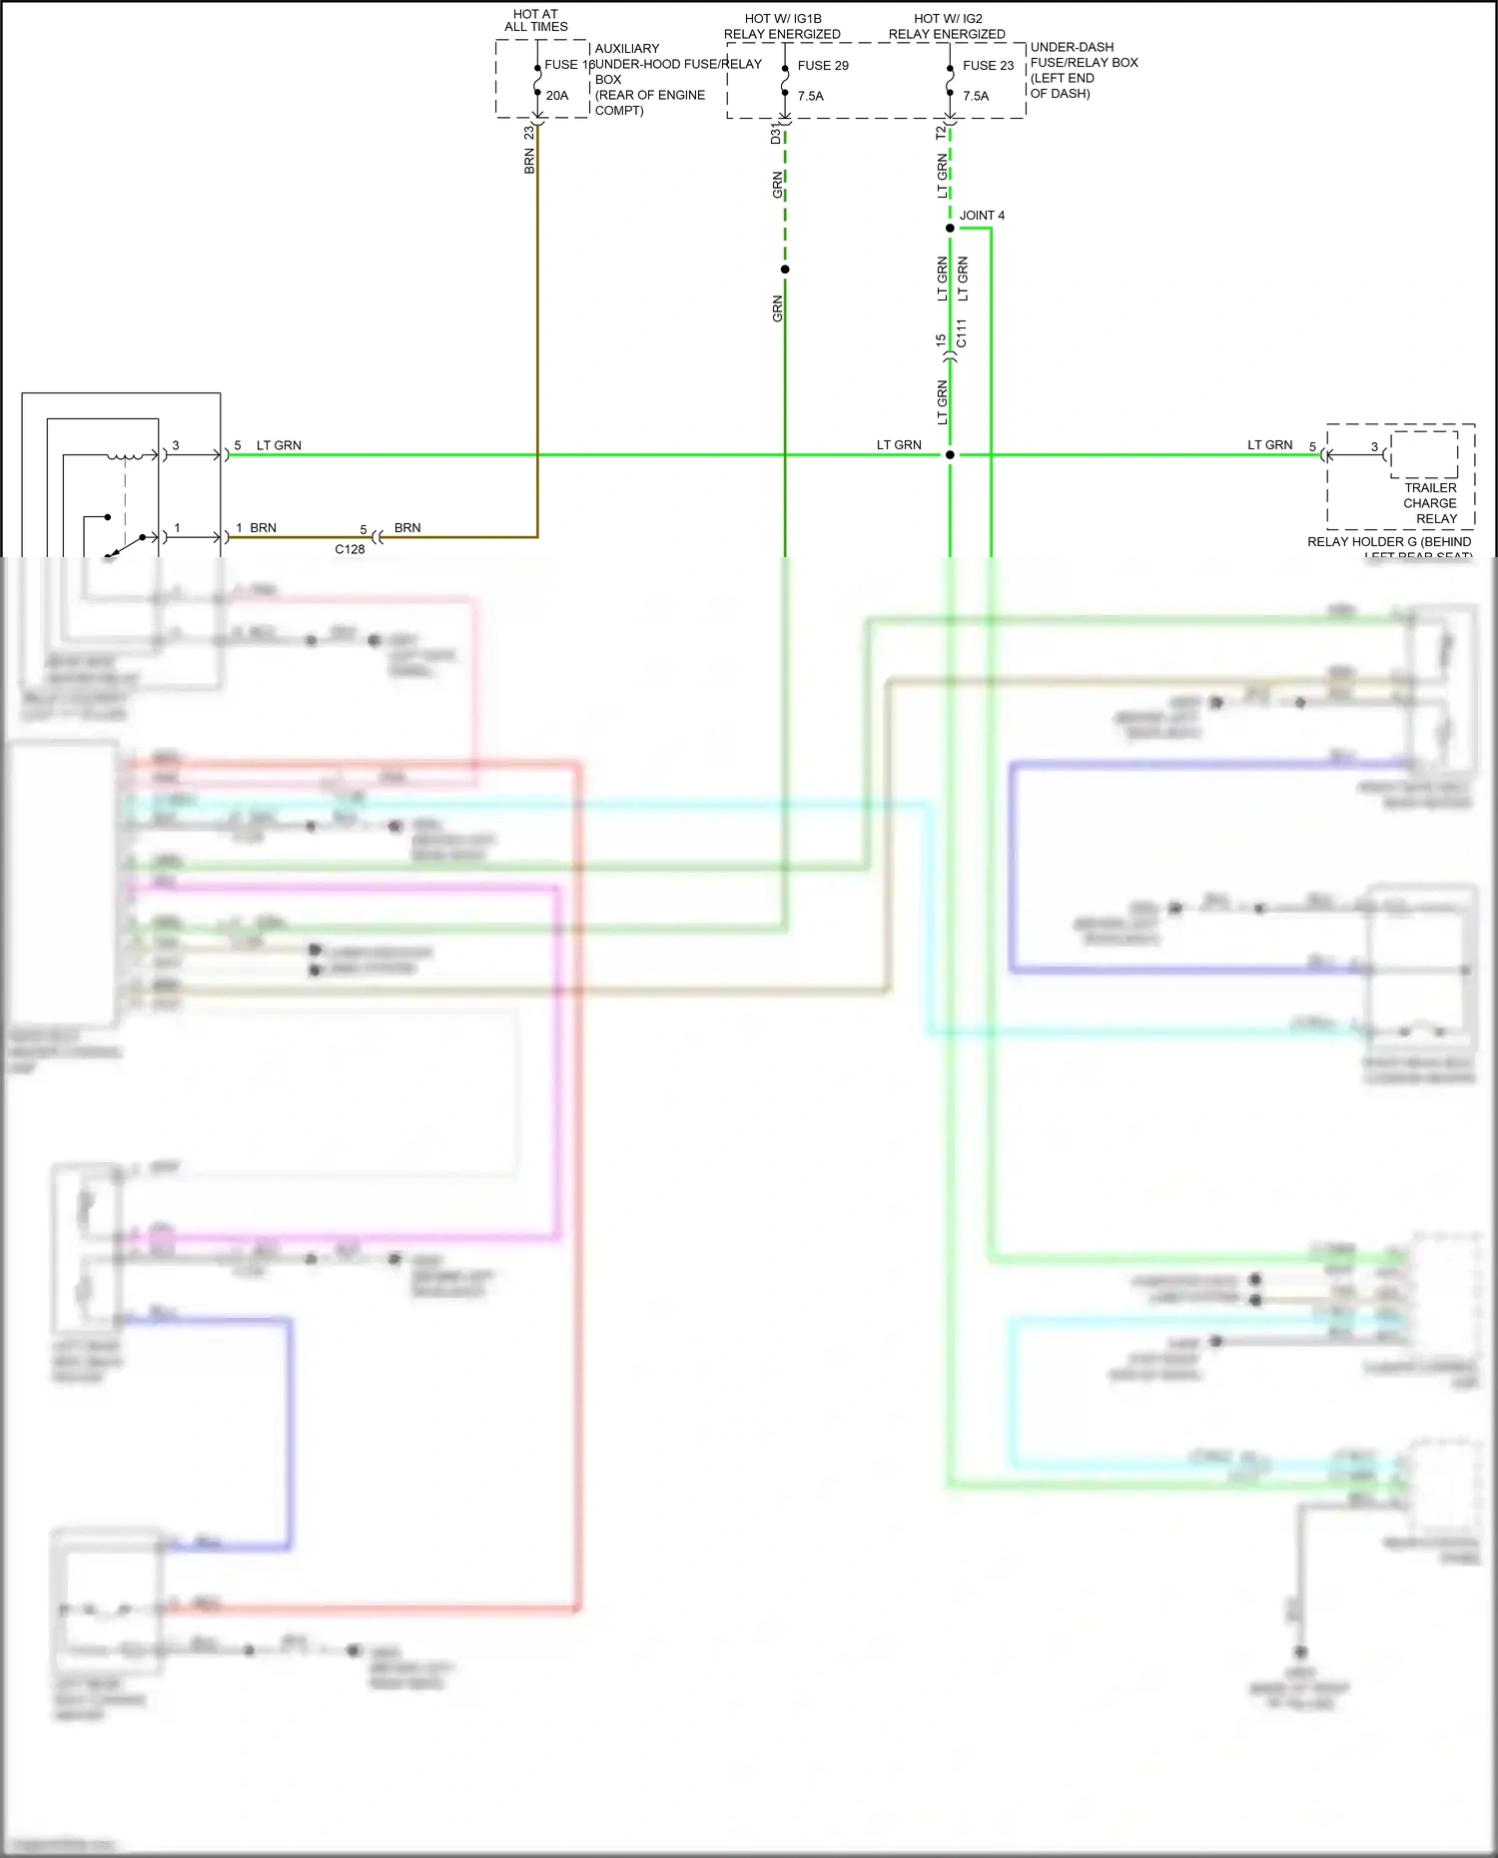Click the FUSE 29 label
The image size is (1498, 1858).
[823, 66]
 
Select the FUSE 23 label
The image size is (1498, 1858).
[988, 66]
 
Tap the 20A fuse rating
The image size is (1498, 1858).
[557, 96]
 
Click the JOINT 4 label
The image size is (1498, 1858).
[982, 216]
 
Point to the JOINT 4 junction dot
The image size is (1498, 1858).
[950, 229]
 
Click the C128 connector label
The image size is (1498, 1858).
[350, 549]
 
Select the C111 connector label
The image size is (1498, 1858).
[961, 333]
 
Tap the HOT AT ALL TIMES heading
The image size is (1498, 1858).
[536, 21]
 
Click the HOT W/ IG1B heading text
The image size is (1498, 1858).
[783, 19]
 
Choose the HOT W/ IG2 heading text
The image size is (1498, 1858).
[948, 19]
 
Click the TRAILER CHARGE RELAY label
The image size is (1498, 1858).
[1430, 503]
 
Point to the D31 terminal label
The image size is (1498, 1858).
[776, 134]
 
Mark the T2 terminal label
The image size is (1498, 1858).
[941, 133]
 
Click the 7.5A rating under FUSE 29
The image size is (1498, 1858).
[811, 97]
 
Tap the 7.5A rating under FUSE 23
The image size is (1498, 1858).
[976, 97]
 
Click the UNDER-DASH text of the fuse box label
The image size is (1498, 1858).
[1072, 47]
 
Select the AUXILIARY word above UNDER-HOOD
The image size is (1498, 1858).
[627, 49]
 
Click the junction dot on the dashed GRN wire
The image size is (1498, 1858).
[785, 270]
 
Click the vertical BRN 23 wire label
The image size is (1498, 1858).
[529, 151]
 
